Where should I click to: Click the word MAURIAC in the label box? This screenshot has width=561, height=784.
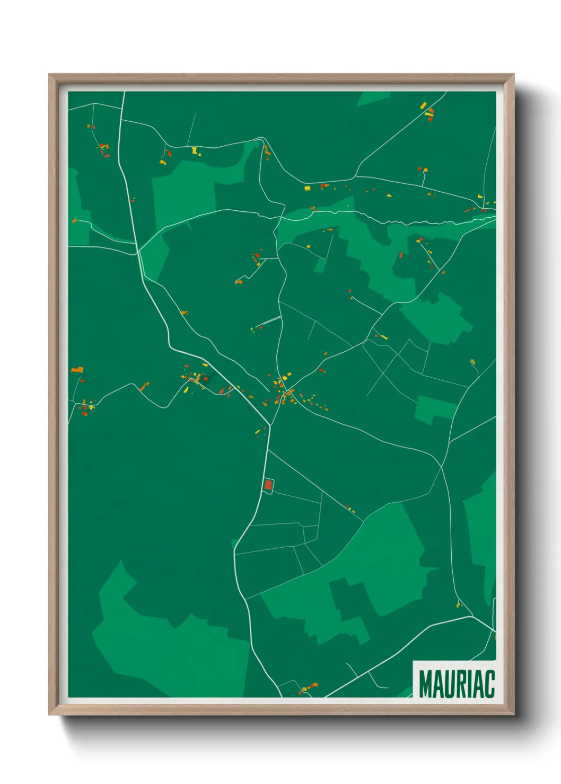point(457,684)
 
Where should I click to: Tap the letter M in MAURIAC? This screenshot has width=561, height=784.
point(425,684)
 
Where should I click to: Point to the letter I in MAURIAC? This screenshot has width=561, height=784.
point(471,684)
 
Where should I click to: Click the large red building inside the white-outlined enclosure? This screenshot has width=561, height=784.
point(268,485)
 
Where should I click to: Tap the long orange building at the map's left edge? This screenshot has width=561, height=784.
point(77,370)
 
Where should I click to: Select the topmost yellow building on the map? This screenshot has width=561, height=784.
point(423,106)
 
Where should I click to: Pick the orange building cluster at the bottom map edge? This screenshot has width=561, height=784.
point(309,687)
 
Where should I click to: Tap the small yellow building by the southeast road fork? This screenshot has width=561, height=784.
point(459,604)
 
